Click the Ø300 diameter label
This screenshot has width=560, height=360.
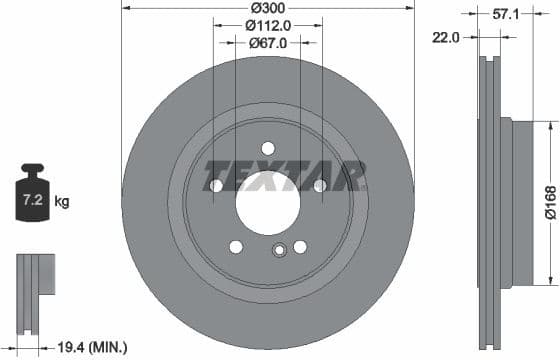point(267,7)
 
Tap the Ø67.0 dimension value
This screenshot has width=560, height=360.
point(267,43)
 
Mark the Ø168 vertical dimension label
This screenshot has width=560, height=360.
point(550,200)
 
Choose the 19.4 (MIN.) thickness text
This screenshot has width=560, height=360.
point(93,347)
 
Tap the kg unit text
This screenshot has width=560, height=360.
point(62,202)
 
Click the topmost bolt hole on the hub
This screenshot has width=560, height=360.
point(267,148)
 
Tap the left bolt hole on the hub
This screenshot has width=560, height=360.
point(215,186)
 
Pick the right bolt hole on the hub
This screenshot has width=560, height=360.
point(319,186)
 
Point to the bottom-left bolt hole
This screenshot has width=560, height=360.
point(235,246)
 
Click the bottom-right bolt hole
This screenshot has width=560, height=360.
point(300,246)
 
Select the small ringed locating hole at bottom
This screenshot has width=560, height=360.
point(280,251)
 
